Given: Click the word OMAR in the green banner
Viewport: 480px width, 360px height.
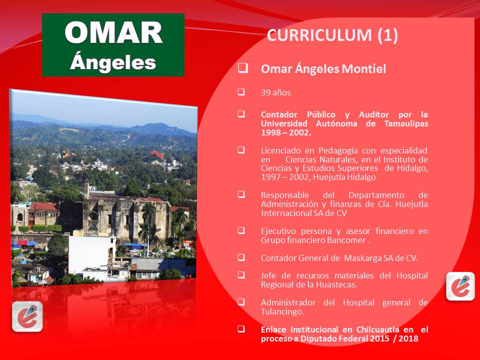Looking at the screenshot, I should pyautogui.click(x=113, y=33).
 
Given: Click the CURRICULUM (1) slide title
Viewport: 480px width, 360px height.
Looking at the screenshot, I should pyautogui.click(x=332, y=35).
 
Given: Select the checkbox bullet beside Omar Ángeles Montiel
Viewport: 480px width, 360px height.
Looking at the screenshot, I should pyautogui.click(x=242, y=68).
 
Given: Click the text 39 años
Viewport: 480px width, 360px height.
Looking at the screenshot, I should pyautogui.click(x=275, y=92).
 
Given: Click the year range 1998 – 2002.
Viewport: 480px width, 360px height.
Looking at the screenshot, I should pyautogui.click(x=285, y=132).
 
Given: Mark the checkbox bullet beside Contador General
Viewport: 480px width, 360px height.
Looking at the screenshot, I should pyautogui.click(x=241, y=257).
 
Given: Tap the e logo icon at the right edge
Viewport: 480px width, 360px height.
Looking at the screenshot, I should pyautogui.click(x=460, y=286).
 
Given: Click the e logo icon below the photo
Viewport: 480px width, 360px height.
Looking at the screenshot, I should pyautogui.click(x=27, y=316).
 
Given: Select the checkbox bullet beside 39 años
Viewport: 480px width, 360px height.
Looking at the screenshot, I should pyautogui.click(x=241, y=92).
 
